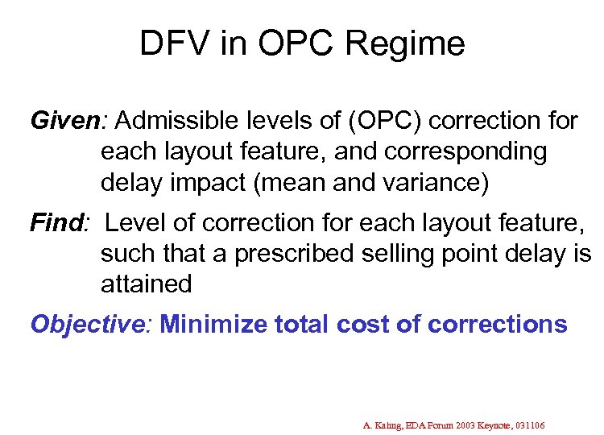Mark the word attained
pos(147,284)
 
